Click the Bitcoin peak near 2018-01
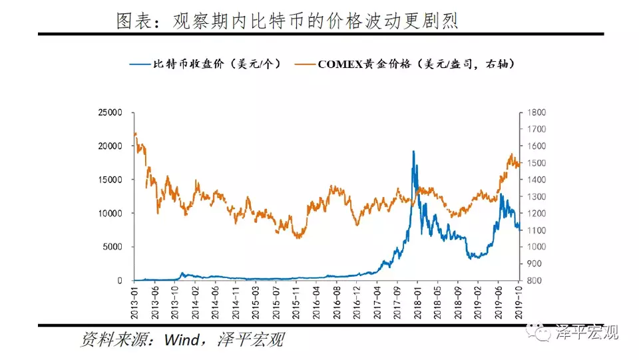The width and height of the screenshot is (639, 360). pos(413,152)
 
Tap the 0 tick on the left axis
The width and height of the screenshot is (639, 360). pos(119,280)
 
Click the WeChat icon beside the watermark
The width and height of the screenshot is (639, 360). pos(540,330)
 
